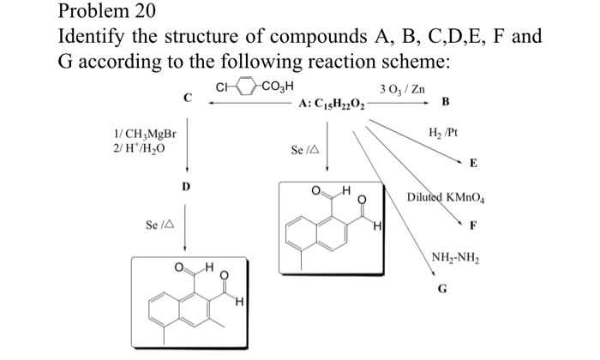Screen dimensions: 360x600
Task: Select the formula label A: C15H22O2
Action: tap(332, 105)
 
